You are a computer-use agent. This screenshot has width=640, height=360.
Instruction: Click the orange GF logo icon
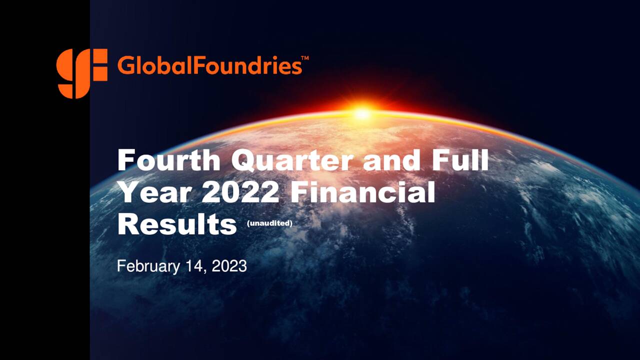point(81,73)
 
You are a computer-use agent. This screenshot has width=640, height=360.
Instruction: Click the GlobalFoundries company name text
point(209,65)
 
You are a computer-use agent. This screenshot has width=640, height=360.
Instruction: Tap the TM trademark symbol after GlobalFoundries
point(305,58)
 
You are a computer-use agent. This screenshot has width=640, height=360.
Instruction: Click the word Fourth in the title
point(168,161)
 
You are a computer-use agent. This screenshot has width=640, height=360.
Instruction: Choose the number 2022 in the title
point(240,192)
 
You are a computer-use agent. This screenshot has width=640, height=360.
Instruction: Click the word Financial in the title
point(362,192)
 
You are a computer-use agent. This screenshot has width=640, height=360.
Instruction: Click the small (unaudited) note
point(269,223)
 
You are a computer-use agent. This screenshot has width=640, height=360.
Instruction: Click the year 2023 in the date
point(229,266)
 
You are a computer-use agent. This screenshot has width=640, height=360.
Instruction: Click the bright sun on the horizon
point(362,113)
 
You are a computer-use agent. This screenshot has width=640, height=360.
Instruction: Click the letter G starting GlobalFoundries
point(125,65)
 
